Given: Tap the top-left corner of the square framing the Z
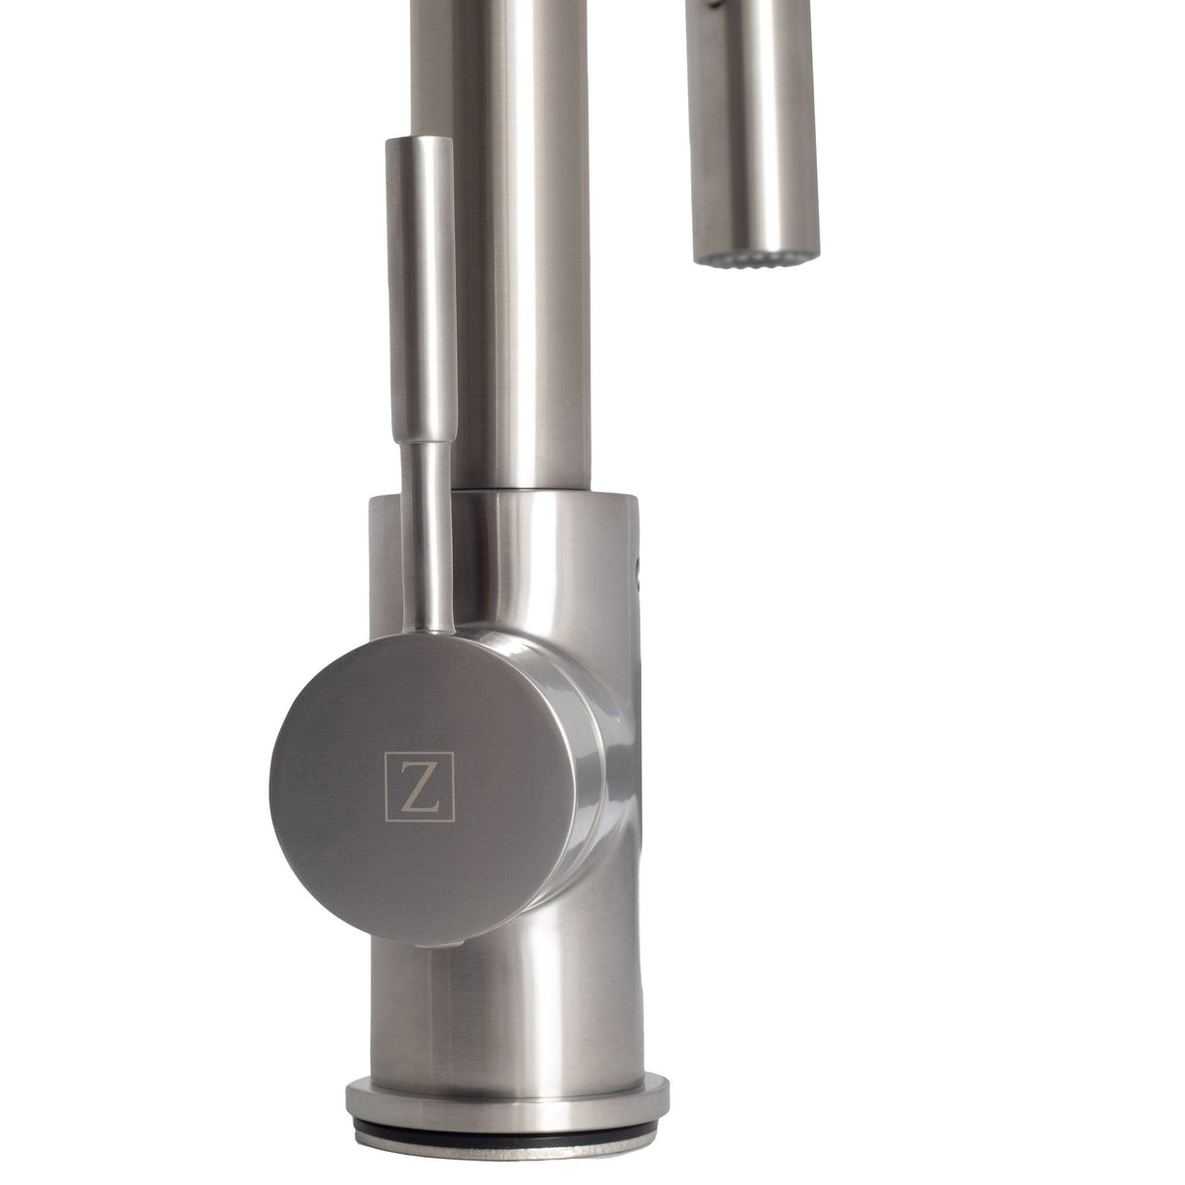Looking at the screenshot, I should tap(388, 756).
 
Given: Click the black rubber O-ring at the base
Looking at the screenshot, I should tap(506, 1129).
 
